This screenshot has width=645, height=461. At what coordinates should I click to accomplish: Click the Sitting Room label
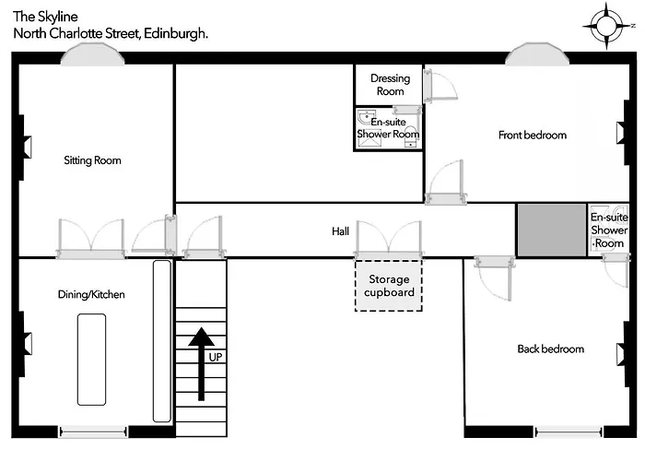pyautogui.click(x=92, y=160)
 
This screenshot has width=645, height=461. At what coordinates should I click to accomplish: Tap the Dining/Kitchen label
pyautogui.click(x=91, y=294)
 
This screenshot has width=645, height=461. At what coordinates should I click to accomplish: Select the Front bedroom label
pyautogui.click(x=533, y=135)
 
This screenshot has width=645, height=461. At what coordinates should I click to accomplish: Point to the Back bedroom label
pyautogui.click(x=551, y=349)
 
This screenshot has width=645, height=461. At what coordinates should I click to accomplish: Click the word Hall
pyautogui.click(x=341, y=231)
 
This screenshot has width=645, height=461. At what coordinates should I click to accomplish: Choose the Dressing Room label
pyautogui.click(x=391, y=85)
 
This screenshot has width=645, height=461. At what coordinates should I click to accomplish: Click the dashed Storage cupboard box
pyautogui.click(x=389, y=285)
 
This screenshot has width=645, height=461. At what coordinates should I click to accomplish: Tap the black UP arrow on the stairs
pyautogui.click(x=201, y=363)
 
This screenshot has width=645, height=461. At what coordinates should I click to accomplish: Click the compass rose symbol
pyautogui.click(x=607, y=26)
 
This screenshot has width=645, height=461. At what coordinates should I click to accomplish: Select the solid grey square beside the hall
pyautogui.click(x=552, y=230)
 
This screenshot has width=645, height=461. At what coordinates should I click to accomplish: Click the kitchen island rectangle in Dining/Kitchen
pyautogui.click(x=92, y=360)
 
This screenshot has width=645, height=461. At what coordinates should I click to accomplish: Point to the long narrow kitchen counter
pyautogui.click(x=162, y=341)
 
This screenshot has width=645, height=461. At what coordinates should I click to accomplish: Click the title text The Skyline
pyautogui.click(x=45, y=17)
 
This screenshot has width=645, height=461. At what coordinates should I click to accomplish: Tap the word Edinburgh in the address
pyautogui.click(x=176, y=33)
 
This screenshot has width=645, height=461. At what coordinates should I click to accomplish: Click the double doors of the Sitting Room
pyautogui.click(x=91, y=238)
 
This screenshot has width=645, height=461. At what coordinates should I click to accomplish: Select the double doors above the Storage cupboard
pyautogui.click(x=389, y=239)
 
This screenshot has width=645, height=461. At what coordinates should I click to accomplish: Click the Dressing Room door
pyautogui.click(x=440, y=86)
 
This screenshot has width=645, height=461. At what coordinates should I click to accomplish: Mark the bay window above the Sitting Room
pyautogui.click(x=92, y=54)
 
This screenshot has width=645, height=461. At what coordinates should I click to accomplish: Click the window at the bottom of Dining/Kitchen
pyautogui.click(x=93, y=431)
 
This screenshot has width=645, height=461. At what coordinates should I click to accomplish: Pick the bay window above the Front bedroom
pyautogui.click(x=537, y=53)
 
